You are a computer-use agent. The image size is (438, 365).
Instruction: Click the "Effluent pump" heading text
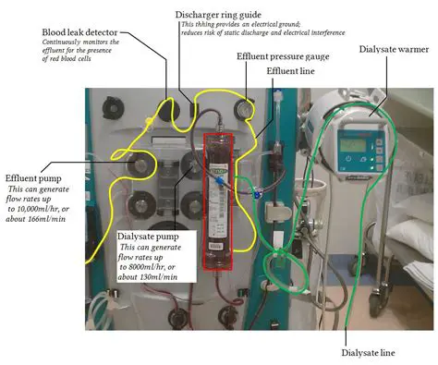pos(34,177)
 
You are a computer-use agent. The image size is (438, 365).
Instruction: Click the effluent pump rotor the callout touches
pos(142,166)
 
